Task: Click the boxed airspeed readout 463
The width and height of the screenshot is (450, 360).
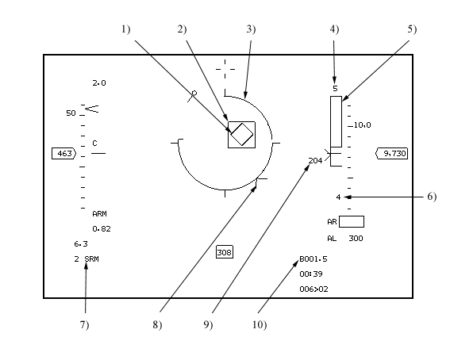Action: [x=64, y=154]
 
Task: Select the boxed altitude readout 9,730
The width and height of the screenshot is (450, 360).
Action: [x=392, y=154]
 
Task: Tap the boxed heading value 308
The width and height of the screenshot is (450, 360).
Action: [x=225, y=252]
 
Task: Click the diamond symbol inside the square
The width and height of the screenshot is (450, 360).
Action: [x=242, y=135]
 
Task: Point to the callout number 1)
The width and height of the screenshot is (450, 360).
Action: [x=125, y=29]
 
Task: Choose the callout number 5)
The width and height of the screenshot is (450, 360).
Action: [x=412, y=29]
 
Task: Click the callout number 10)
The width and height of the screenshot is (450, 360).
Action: [x=260, y=325]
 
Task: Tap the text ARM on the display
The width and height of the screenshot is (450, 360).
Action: [x=99, y=214]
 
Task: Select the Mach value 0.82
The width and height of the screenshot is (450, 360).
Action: [x=102, y=228]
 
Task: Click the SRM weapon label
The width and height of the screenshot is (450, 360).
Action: [x=92, y=259]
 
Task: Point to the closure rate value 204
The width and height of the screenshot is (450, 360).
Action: [x=315, y=161]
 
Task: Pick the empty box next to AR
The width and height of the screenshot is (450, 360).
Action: [x=352, y=221]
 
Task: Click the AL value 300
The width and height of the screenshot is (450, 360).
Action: [x=356, y=238]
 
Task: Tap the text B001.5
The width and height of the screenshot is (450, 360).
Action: [x=313, y=259]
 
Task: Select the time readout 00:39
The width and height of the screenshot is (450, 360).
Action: [x=311, y=274]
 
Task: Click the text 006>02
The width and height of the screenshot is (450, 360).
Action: [x=313, y=289]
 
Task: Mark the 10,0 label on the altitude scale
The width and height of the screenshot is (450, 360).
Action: [x=363, y=125]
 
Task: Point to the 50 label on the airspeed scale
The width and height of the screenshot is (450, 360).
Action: [x=71, y=113]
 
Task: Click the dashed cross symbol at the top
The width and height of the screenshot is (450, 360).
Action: [x=225, y=69]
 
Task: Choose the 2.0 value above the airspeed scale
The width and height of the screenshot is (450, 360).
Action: [x=99, y=83]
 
